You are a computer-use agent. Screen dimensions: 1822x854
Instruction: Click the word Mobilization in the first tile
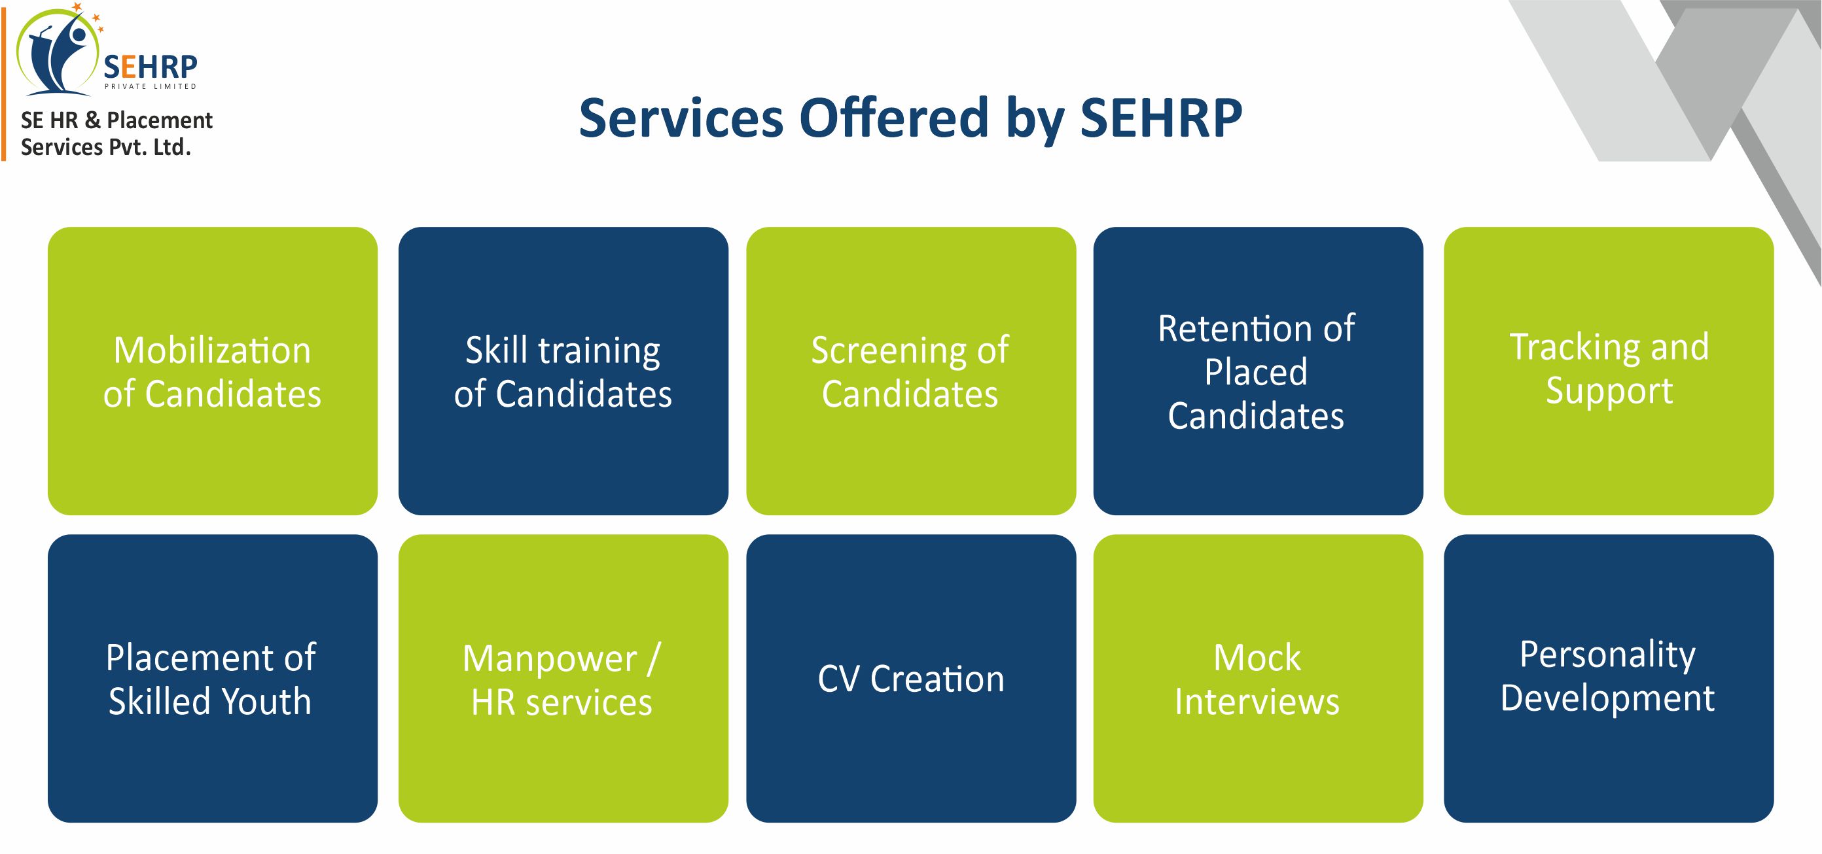pyautogui.click(x=212, y=350)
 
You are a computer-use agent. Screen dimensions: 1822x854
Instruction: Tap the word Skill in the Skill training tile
pyautogui.click(x=497, y=350)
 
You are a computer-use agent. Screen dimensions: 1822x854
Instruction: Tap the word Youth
pyautogui.click(x=266, y=702)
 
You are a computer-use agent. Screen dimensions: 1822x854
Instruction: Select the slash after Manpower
pyautogui.click(x=654, y=660)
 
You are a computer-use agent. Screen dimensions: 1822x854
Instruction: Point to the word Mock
pyautogui.click(x=1257, y=658)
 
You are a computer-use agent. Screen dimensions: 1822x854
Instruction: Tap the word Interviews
pyautogui.click(x=1257, y=702)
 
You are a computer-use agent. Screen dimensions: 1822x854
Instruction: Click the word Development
pyautogui.click(x=1608, y=699)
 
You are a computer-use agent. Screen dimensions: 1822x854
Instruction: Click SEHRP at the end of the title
pyautogui.click(x=1161, y=118)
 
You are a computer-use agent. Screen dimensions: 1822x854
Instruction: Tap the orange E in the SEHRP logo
pyautogui.click(x=129, y=67)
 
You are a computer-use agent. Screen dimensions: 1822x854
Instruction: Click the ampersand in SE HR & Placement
pyautogui.click(x=93, y=120)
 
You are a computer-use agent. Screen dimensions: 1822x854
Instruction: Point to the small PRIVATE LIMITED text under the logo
pyautogui.click(x=151, y=86)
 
